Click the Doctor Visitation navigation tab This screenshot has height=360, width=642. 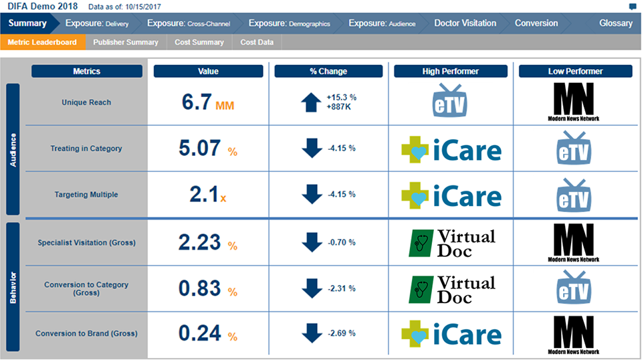[x=465, y=23]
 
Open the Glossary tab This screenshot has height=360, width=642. [x=615, y=23]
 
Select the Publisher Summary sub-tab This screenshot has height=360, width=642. [x=126, y=42]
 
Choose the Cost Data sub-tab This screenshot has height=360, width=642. [x=257, y=42]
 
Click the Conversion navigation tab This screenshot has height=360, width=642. [x=536, y=23]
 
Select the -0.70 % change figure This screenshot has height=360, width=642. [x=341, y=242]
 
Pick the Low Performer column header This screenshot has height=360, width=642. [x=575, y=71]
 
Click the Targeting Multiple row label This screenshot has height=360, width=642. [x=86, y=195]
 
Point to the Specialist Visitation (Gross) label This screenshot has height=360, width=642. [x=86, y=242]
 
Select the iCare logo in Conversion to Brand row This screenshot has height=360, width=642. [x=450, y=335]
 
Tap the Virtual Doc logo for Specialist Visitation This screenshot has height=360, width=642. [x=452, y=242]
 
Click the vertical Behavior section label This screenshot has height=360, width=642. [x=13, y=288]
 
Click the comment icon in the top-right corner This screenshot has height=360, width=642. [x=633, y=7]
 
